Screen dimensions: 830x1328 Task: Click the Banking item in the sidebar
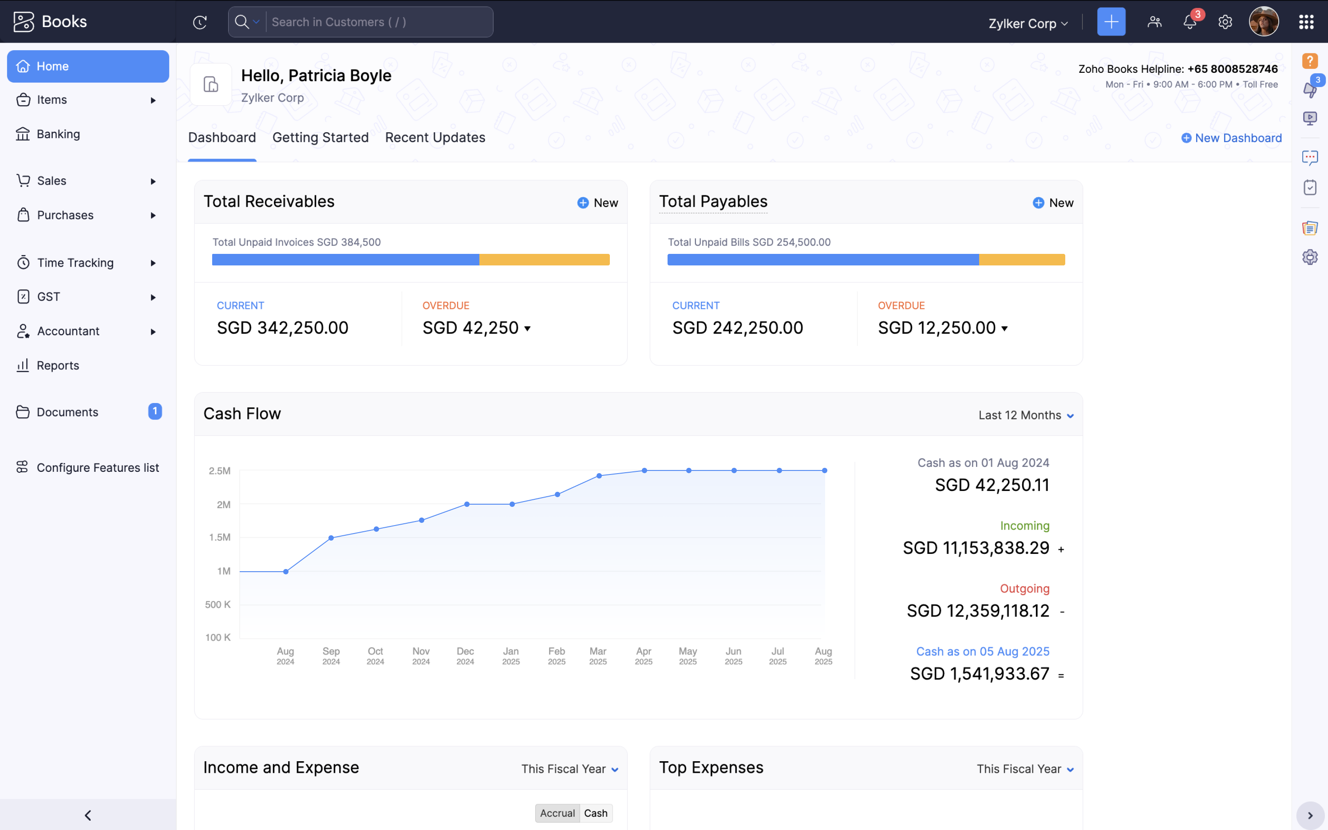58,134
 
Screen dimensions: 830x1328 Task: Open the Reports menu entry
58,366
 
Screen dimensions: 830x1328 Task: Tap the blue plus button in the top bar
1111,22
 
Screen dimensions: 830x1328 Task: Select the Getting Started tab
320,137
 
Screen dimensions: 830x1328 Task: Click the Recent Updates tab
435,137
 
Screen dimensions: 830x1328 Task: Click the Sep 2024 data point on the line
331,538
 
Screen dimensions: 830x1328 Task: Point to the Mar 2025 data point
599,476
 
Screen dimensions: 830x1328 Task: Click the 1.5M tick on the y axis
220,537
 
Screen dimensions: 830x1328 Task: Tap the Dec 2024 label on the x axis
465,656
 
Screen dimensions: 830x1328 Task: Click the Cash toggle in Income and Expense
595,813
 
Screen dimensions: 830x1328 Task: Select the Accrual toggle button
557,813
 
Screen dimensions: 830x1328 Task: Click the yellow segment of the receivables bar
544,260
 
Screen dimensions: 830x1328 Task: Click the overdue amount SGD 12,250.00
936,328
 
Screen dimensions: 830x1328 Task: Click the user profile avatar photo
1263,22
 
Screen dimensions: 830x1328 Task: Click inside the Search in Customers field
379,22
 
